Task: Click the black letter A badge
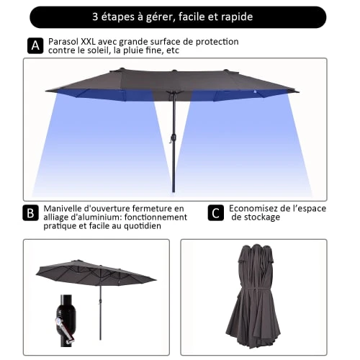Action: [x=35, y=45]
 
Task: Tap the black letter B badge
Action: [x=30, y=212]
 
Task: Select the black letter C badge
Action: [x=216, y=212]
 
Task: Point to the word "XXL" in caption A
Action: [x=88, y=42]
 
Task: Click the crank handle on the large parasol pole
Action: [x=173, y=140]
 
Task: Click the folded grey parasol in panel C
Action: [x=253, y=296]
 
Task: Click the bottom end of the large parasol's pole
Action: [x=174, y=192]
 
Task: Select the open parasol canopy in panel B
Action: [x=96, y=273]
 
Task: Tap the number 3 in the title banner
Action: [x=95, y=17]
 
